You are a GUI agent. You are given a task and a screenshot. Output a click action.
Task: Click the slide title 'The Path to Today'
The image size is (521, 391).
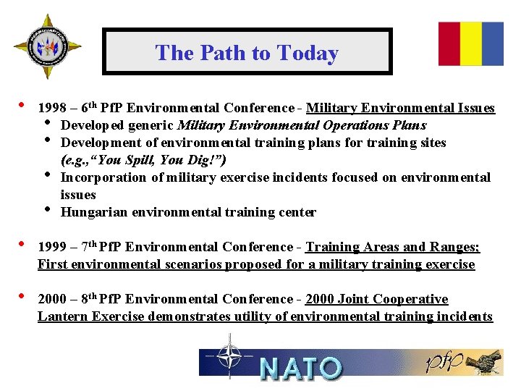(x=247, y=53)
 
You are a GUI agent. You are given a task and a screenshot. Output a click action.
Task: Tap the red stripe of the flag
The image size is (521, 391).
(x=449, y=43)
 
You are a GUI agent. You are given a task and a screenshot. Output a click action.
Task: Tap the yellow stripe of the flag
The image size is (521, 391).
(x=471, y=43)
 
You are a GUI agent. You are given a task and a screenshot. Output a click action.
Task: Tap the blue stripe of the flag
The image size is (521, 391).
(x=493, y=43)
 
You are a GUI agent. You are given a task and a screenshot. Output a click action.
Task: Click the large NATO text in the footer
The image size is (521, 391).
(x=300, y=368)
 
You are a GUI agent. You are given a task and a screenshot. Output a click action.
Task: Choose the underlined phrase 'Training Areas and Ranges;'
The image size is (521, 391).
(x=392, y=248)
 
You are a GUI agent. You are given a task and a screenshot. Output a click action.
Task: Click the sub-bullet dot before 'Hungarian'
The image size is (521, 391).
(x=48, y=210)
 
